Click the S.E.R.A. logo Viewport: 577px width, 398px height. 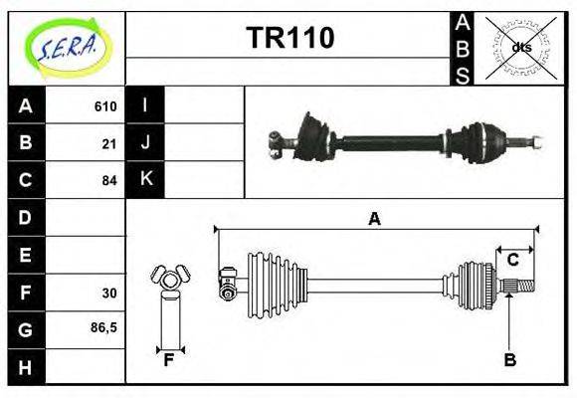(66, 47)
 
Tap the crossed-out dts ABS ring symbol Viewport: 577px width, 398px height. (520, 47)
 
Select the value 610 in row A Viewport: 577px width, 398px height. (105, 106)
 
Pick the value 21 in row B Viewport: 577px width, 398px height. (109, 143)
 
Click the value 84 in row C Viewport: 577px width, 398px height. (109, 180)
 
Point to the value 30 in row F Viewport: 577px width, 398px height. (109, 294)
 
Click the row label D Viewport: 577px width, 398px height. (26, 217)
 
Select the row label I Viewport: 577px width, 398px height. (145, 105)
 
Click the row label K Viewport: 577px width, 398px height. (145, 180)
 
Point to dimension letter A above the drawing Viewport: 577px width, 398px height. (374, 219)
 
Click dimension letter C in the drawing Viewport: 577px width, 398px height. (512, 260)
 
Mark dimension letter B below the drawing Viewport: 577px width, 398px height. (509, 360)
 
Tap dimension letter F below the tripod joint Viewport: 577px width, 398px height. (168, 360)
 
